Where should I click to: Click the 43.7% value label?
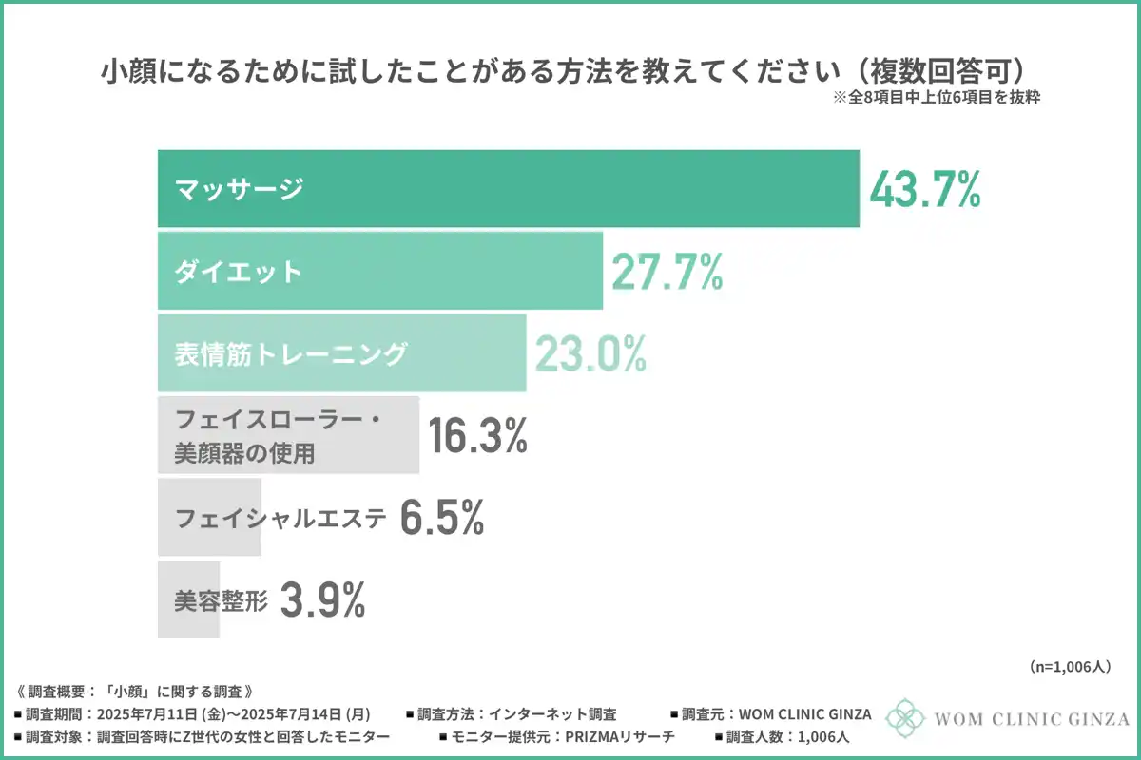click(924, 190)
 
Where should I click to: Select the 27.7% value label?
click(667, 272)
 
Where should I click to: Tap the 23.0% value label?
click(590, 353)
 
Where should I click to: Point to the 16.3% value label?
click(477, 436)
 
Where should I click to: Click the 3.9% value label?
click(323, 599)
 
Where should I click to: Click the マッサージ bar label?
click(239, 189)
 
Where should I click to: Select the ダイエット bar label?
click(239, 272)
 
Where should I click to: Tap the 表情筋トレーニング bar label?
click(291, 354)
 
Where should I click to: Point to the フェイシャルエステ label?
click(281, 519)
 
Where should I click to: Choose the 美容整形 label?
click(222, 599)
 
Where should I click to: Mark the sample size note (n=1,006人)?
click(1070, 667)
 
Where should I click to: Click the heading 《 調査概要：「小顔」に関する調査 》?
click(134, 691)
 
